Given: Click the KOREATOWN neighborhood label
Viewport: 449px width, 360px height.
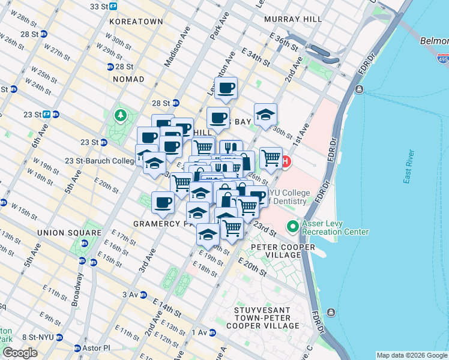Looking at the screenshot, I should tap(136, 21).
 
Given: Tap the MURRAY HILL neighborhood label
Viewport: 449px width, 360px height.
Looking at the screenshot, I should tap(294, 19).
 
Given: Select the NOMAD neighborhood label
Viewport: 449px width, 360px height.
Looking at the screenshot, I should tap(127, 79).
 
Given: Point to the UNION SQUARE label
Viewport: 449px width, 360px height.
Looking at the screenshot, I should tap(69, 233).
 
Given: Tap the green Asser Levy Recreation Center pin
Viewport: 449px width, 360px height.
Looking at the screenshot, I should tap(292, 227).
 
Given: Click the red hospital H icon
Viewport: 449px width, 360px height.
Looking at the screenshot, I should tap(287, 162).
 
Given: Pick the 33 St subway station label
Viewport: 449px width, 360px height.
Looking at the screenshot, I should tap(103, 6).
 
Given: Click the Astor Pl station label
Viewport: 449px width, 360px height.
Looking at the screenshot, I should tap(96, 348).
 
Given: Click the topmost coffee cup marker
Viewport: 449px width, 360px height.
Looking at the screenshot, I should tap(226, 89).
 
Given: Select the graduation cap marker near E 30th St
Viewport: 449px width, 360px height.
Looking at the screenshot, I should tap(265, 116).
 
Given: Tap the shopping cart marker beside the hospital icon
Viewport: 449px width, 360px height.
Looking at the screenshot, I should tap(271, 158).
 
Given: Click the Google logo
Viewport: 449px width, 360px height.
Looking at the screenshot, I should tap(20, 353).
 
